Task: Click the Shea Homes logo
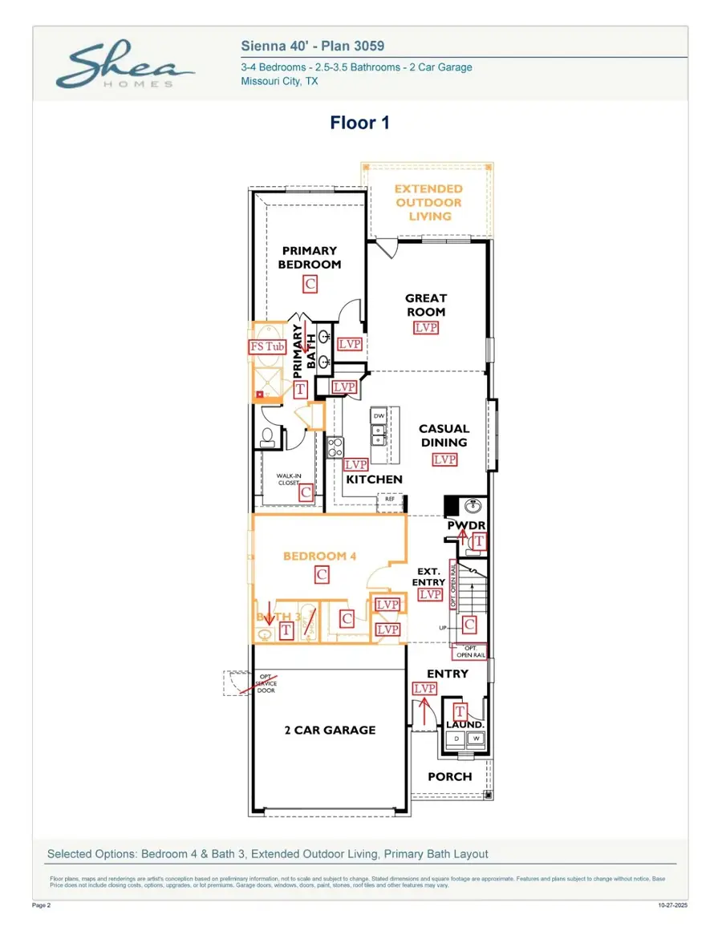pyautogui.click(x=124, y=67)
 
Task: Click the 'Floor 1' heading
pyautogui.click(x=360, y=123)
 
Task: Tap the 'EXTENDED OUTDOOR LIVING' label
pyautogui.click(x=428, y=202)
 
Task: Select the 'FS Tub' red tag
pyautogui.click(x=267, y=346)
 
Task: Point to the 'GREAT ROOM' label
pyautogui.click(x=425, y=305)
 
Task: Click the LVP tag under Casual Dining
pyautogui.click(x=444, y=459)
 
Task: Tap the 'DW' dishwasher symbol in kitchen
pyautogui.click(x=379, y=416)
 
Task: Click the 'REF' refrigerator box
pyautogui.click(x=390, y=499)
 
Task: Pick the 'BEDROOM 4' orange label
pyautogui.click(x=319, y=556)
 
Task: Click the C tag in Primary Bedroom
pyautogui.click(x=310, y=283)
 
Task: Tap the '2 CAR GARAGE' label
pyautogui.click(x=330, y=730)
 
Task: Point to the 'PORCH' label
pyautogui.click(x=449, y=776)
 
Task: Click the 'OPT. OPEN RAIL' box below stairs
pyautogui.click(x=471, y=651)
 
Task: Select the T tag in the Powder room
pyautogui.click(x=479, y=542)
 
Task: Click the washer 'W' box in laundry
pyautogui.click(x=475, y=739)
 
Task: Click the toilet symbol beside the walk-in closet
pyautogui.click(x=269, y=436)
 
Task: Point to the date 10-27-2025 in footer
pyautogui.click(x=671, y=905)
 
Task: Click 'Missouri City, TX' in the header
pyautogui.click(x=279, y=82)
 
